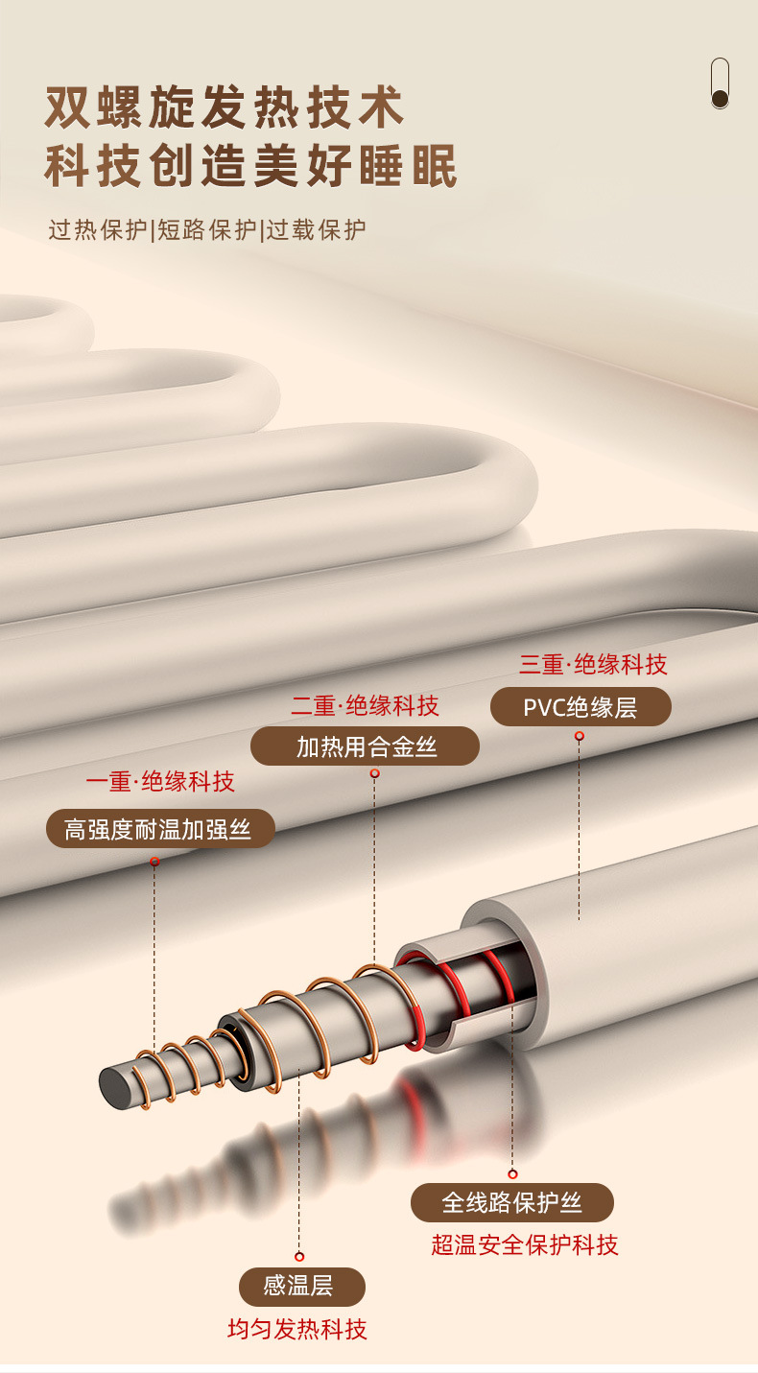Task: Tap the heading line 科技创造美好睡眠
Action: pos(251,165)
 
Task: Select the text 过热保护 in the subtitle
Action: pos(99,230)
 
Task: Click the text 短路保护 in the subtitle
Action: pos(207,230)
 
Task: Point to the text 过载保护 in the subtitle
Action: pos(317,230)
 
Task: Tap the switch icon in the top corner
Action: pos(720,83)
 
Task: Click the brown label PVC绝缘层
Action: pos(580,708)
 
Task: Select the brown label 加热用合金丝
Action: pos(366,746)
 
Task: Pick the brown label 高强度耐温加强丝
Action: pos(160,829)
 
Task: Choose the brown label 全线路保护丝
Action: pos(512,1202)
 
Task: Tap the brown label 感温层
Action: pos(302,1286)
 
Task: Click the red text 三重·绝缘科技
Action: pos(593,664)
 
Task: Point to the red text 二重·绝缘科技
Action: pos(366,706)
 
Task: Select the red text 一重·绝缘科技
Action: pos(160,781)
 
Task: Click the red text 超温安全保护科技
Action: pos(525,1245)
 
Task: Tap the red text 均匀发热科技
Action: pos(297,1329)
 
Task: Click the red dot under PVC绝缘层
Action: pos(580,736)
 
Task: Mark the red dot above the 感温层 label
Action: pos(299,1256)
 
